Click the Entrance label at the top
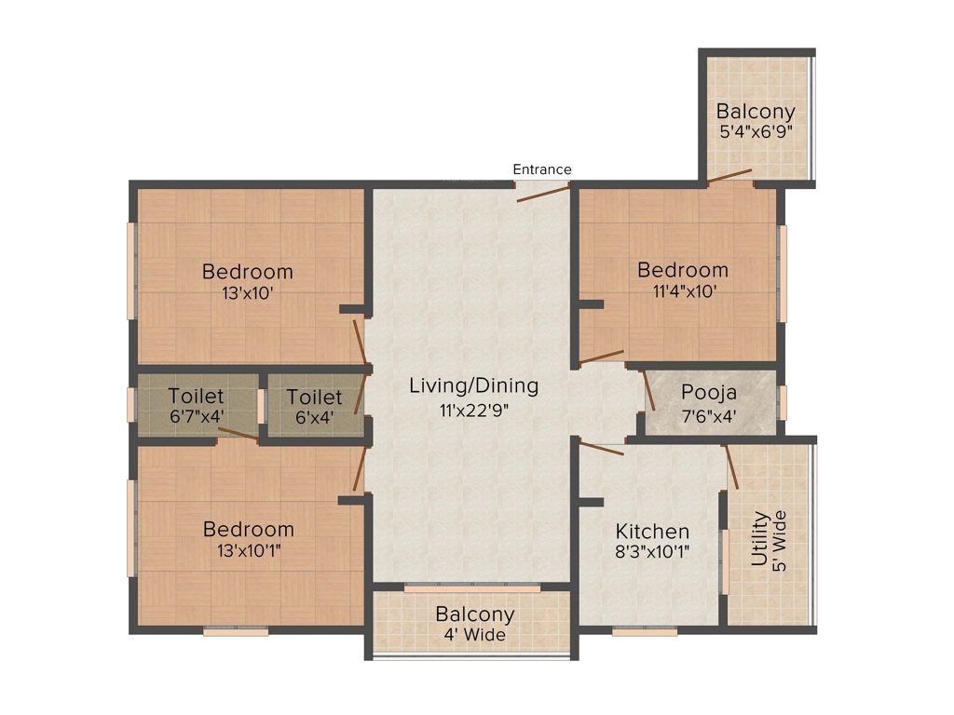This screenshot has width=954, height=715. click(542, 169)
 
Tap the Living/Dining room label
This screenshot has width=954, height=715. click(474, 385)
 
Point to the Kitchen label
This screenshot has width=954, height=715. click(652, 532)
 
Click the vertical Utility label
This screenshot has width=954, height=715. click(760, 540)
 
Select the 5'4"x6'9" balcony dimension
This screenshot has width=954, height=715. click(756, 132)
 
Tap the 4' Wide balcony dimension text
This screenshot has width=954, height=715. click(474, 635)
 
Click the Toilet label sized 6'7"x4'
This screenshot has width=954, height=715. click(196, 398)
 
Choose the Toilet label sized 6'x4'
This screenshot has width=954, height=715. click(314, 398)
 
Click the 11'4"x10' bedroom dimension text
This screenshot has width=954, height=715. click(683, 290)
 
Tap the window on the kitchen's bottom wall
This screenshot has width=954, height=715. click(645, 632)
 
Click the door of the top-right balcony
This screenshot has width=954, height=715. click(729, 177)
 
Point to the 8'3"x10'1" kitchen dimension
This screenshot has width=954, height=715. click(652, 552)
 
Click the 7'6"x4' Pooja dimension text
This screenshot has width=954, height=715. click(709, 415)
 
